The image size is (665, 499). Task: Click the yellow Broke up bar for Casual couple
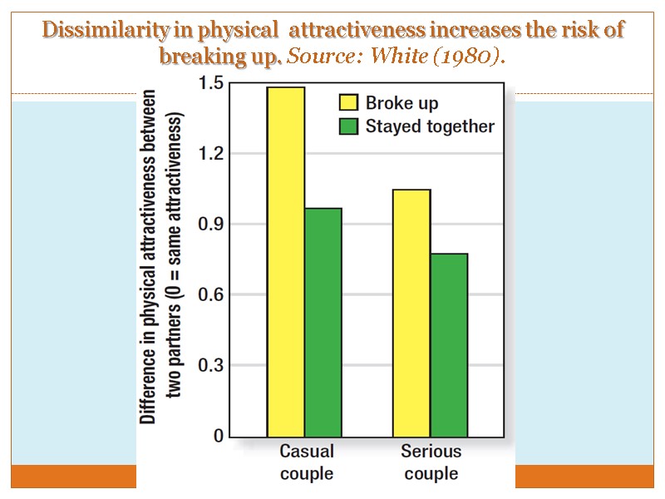[x=285, y=261]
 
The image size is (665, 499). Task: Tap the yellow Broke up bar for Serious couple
[x=411, y=313]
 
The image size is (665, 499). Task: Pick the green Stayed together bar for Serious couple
[x=449, y=344]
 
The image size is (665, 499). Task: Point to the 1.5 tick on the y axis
[x=210, y=83]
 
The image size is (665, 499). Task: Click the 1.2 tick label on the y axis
[x=210, y=154]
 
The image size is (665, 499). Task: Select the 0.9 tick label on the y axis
[x=210, y=225]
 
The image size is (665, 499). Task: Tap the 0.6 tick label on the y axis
[x=210, y=295]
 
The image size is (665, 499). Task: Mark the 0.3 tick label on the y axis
[x=210, y=366]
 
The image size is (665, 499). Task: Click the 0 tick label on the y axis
[x=218, y=436]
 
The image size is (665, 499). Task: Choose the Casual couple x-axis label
[x=307, y=462]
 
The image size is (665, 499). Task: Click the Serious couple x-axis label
[x=431, y=462]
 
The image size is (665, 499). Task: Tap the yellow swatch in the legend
[x=347, y=103]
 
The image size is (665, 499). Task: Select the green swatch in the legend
[x=347, y=126]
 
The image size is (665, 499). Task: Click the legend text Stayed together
[x=430, y=126]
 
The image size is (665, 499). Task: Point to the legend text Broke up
[x=402, y=103]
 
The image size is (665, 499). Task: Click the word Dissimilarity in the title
[x=92, y=31]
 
